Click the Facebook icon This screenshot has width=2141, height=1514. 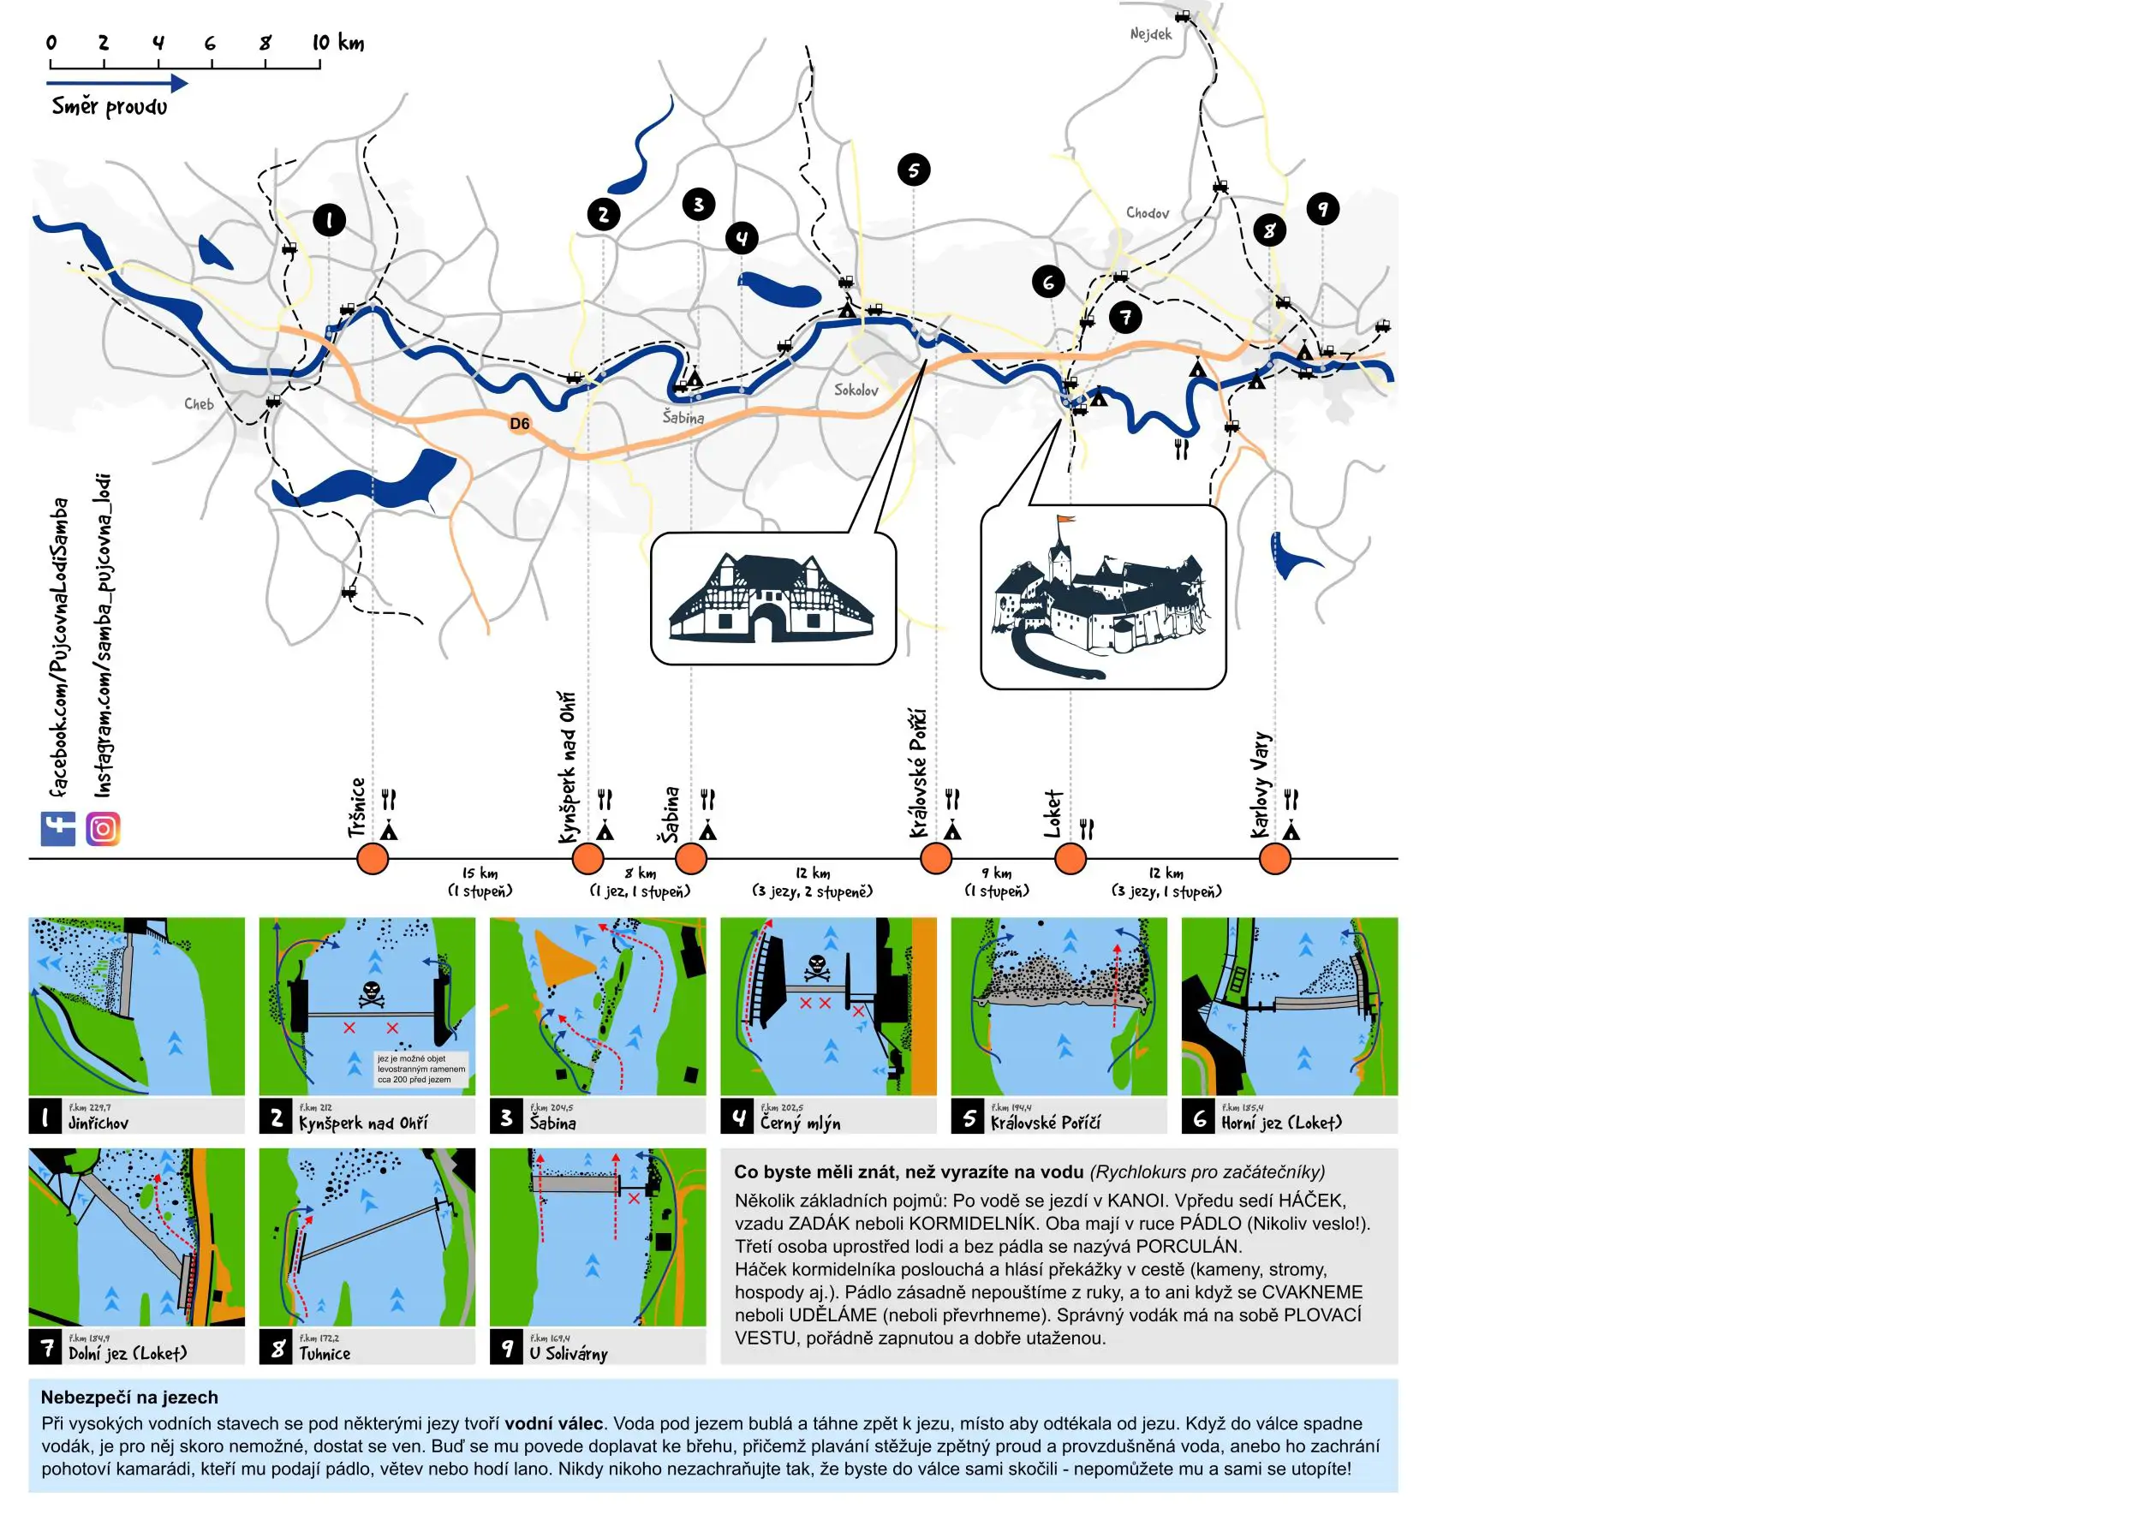pos(58,828)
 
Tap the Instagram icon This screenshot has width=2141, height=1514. pos(104,828)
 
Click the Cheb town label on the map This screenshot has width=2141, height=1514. pos(199,403)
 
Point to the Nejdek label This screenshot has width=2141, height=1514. pos(1151,34)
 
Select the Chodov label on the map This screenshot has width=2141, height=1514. pos(1147,213)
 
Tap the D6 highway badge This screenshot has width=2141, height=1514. pos(519,424)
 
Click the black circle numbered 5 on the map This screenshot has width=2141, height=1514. pos(913,170)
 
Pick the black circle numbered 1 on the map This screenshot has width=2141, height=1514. pos(328,220)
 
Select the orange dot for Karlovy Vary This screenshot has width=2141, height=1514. pos(1274,858)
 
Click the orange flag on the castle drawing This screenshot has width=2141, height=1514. pos(1065,520)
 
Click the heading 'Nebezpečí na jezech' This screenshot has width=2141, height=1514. pos(129,1397)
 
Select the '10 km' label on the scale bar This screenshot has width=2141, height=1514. pos(337,43)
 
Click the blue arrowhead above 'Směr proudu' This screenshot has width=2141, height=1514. pos(179,83)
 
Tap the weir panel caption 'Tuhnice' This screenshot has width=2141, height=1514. pos(325,1354)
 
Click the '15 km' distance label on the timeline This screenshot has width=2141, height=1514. pos(480,873)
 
